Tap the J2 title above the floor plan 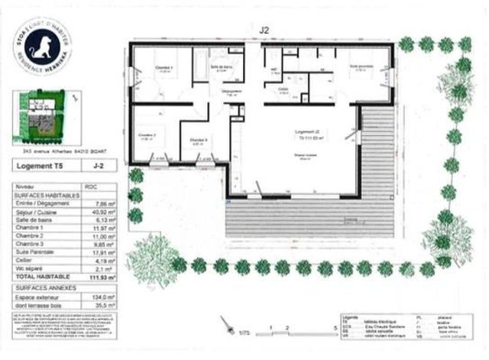264,31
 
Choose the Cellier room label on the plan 283,89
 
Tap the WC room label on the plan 273,70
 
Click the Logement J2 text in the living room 306,132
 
